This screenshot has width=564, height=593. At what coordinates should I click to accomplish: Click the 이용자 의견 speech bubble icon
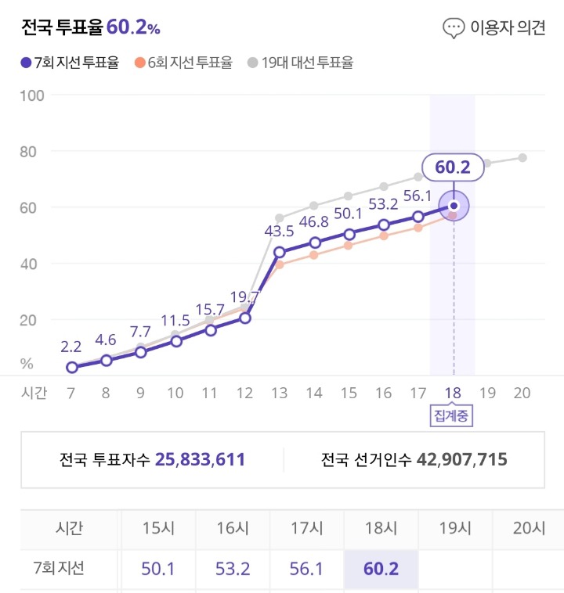(x=454, y=28)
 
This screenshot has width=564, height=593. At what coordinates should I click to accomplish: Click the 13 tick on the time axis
(x=280, y=393)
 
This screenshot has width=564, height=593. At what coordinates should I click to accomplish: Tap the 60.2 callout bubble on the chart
(x=452, y=167)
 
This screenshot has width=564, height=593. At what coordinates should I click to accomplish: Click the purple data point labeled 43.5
(x=280, y=251)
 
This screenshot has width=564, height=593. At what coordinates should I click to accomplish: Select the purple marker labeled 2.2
(x=72, y=367)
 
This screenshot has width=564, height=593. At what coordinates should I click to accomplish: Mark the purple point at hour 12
(x=245, y=318)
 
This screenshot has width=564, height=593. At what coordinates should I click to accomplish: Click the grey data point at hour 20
(x=522, y=157)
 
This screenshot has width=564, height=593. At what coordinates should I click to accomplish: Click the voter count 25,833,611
(x=200, y=459)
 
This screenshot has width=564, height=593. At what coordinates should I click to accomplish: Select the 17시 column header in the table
(x=307, y=528)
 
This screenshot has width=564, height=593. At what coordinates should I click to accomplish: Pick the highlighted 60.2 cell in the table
(x=381, y=569)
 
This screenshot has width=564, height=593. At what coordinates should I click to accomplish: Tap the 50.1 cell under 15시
(x=158, y=569)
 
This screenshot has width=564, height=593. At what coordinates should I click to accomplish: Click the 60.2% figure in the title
(x=133, y=28)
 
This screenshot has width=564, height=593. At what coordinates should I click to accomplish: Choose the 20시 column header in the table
(x=527, y=528)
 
